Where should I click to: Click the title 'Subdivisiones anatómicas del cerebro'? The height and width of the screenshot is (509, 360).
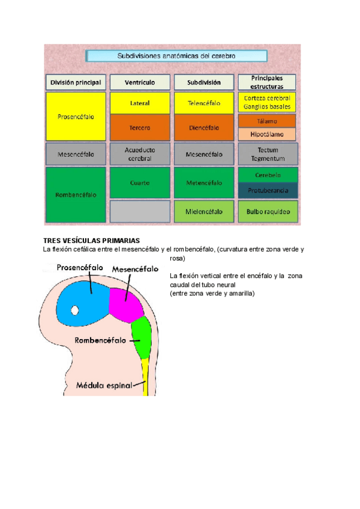176,56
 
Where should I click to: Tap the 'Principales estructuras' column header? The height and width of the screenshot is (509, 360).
267,82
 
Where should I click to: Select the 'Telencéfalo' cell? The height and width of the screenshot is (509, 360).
204,103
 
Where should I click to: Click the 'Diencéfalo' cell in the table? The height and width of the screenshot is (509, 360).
204,127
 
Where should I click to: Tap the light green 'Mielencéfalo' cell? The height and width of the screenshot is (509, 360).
204,211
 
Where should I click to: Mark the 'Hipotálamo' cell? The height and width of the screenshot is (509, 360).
267,134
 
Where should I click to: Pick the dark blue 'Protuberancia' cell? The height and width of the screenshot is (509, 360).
267,191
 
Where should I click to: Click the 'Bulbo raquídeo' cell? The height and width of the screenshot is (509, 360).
267,211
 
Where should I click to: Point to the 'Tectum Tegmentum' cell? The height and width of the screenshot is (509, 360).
267,154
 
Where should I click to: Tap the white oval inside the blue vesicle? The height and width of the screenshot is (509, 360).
74,310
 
